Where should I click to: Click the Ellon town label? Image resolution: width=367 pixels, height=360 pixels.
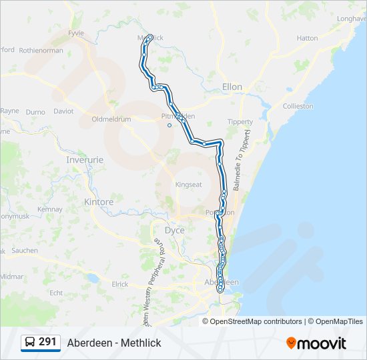click(x=232, y=87)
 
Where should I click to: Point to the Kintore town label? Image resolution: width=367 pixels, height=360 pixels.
click(x=99, y=201)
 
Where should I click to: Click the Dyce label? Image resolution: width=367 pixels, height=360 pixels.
click(x=174, y=230)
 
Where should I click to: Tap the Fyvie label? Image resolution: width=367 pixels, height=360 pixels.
click(x=77, y=32)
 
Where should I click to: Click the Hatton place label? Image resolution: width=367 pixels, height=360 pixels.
click(x=307, y=38)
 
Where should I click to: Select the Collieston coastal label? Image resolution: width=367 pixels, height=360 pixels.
click(x=298, y=106)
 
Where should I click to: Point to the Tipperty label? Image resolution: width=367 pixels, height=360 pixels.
click(x=240, y=122)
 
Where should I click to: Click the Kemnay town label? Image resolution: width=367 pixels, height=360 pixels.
click(x=50, y=209)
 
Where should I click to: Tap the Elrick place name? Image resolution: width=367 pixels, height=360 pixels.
click(x=120, y=284)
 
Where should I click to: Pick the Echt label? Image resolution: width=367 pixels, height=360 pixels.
click(x=56, y=292)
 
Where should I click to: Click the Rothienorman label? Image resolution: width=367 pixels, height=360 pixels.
click(x=41, y=50)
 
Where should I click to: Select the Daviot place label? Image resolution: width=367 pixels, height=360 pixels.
click(x=63, y=111)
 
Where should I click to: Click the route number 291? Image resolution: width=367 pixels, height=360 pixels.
click(x=47, y=342)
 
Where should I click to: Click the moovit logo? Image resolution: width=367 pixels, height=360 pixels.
click(x=316, y=343)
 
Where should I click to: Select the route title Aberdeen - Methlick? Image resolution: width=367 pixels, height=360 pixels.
click(x=114, y=343)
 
